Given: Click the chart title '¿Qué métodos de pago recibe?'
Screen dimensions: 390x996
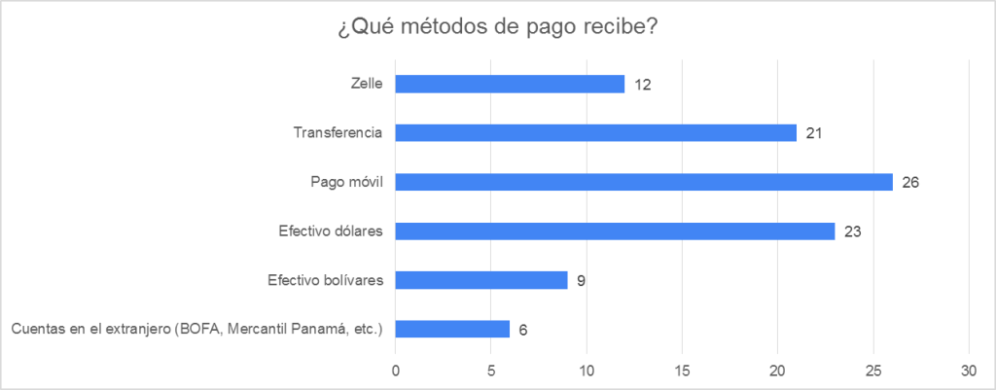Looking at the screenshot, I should [497, 27].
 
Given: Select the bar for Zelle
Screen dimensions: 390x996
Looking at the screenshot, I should [510, 84].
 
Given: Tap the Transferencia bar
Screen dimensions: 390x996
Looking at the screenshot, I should [595, 132].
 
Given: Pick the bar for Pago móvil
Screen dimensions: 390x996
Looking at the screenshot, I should [643, 182].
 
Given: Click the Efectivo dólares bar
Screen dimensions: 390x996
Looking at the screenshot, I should [615, 231].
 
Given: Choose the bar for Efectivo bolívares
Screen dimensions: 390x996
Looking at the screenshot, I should [480, 280].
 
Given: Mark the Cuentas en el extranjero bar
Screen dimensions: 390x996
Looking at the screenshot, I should [452, 329].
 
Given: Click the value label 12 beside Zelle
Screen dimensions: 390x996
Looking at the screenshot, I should [641, 85].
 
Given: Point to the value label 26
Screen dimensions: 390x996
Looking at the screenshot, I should [910, 182].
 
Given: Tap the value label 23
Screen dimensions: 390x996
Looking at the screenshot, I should [853, 231].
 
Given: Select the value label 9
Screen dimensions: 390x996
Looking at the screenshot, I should [580, 281].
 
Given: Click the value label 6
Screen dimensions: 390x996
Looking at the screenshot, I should [522, 330].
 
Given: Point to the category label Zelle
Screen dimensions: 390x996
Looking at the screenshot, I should [366, 84].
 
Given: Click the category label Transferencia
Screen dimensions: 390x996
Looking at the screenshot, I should [338, 132].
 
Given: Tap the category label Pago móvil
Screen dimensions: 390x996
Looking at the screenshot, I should [345, 182].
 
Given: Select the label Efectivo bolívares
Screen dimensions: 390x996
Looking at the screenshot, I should [325, 280].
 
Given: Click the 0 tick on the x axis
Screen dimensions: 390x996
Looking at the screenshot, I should [395, 371].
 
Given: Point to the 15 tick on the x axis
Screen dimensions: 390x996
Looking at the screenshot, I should [682, 371].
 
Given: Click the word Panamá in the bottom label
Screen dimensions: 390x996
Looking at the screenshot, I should [297, 329].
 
